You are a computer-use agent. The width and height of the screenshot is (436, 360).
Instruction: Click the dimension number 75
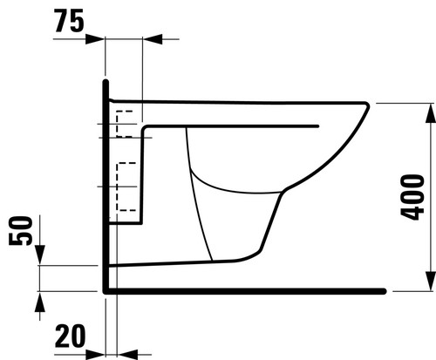tap(69, 20)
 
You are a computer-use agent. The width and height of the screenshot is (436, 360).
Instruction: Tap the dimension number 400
tap(412, 197)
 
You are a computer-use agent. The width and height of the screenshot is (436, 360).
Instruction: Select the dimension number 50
tap(20, 231)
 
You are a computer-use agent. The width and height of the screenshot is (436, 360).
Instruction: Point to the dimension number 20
tap(71, 336)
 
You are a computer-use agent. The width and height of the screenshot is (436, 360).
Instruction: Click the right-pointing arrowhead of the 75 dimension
tap(95, 39)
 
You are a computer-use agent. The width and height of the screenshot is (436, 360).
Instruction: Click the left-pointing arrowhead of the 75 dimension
tap(153, 39)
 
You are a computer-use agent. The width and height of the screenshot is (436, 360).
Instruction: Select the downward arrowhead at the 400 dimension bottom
tap(431, 281)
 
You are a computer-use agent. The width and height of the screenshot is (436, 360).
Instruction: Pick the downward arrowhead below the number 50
tap(40, 255)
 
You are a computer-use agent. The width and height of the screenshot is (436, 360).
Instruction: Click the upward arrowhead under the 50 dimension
tap(40, 302)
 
